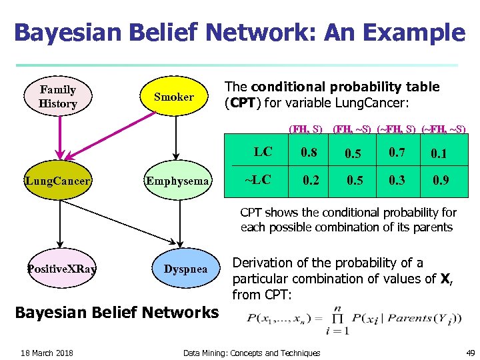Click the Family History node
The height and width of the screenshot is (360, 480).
click(58, 97)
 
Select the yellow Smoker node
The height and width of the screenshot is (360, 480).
click(174, 97)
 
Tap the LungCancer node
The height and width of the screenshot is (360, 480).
click(58, 181)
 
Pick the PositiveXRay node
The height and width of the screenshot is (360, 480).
click(61, 269)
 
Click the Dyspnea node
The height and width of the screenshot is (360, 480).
click(185, 269)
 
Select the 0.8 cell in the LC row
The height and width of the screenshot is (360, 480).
click(309, 152)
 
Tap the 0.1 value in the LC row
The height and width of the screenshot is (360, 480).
click(439, 154)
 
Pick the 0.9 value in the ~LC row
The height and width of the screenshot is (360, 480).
click(441, 180)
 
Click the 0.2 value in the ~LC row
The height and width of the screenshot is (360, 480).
click(311, 180)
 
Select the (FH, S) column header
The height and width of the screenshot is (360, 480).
click(305, 127)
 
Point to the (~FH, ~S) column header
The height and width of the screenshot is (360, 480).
click(443, 127)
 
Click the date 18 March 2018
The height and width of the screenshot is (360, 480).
click(47, 353)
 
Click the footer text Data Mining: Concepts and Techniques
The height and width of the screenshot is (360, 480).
click(251, 353)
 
